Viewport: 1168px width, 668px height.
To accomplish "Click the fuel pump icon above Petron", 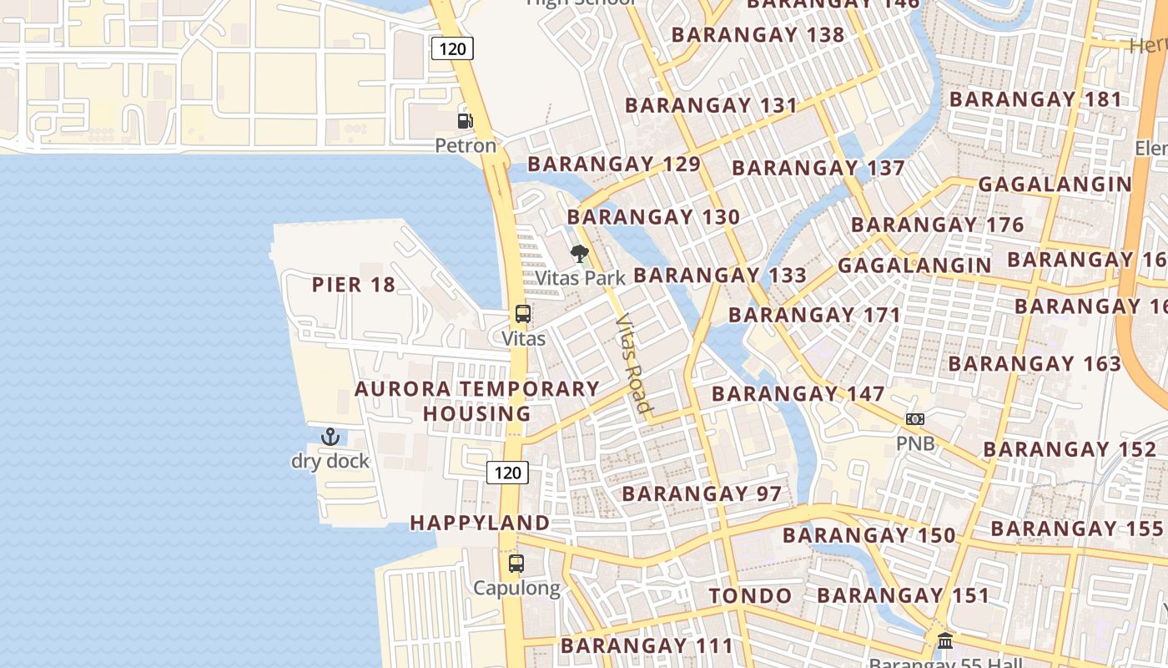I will coord(465,121).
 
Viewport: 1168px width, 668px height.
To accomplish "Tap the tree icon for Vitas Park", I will coord(579,254).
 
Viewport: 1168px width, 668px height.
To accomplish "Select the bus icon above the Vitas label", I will coord(523,315).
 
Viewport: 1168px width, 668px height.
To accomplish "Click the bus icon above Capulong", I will coord(516,564).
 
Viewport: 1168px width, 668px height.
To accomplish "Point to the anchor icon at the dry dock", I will coord(330,437).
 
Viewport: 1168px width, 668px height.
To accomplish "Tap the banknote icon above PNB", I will coord(915,419).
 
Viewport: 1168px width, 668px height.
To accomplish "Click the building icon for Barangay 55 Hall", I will coord(945,641).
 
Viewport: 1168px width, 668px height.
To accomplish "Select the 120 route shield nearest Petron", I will coord(452,48).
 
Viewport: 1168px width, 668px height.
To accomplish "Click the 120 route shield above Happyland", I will coord(507,473).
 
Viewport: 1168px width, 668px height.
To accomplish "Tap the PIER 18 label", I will coord(354,285).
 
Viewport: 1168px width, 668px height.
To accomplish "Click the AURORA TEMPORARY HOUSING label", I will coord(477,401).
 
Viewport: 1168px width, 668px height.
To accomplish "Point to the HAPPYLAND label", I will coord(480,523).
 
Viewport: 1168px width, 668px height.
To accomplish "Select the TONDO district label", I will coord(750,596).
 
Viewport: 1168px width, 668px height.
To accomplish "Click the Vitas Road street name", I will coord(632,363).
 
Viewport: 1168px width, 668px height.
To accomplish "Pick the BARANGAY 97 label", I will coord(702,493).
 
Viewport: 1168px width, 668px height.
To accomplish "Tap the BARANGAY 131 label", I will coord(711,106).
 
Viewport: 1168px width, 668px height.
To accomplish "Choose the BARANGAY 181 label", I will coord(1036,99).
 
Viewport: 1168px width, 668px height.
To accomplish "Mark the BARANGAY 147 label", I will coord(798,393).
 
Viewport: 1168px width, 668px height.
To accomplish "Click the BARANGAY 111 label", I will coord(647,645).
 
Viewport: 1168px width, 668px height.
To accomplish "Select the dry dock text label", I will coord(330,461).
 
